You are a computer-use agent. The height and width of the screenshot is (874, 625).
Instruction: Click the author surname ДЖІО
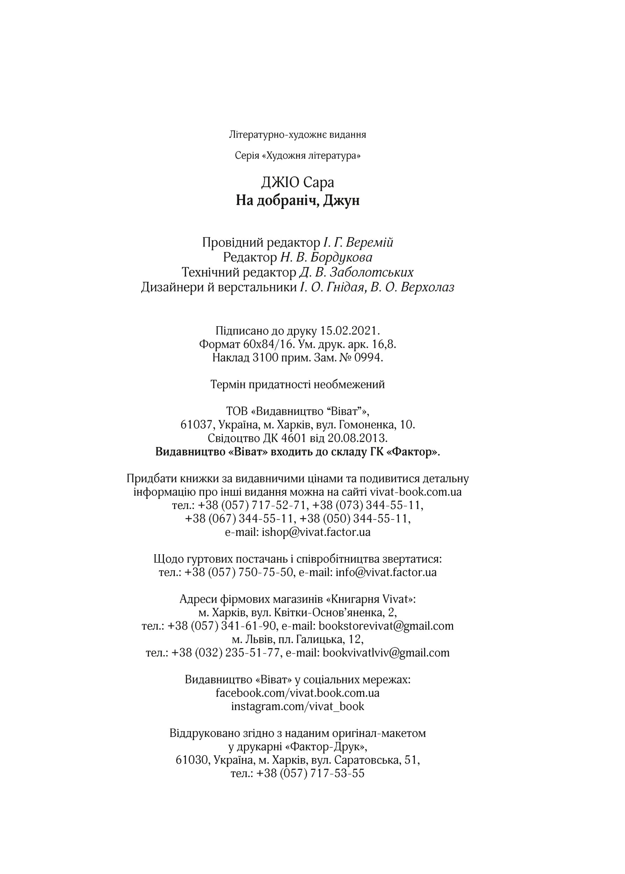(280, 182)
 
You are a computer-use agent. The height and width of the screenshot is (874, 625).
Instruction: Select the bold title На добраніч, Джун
(297, 201)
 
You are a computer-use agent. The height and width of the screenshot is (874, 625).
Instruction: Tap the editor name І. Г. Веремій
(358, 243)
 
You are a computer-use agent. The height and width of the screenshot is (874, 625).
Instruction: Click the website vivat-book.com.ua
(416, 492)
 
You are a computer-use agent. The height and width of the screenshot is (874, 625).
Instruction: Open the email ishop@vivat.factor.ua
(316, 532)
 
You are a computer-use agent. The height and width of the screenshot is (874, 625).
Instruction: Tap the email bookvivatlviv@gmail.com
(386, 653)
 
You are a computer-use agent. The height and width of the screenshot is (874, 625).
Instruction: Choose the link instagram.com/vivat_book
(297, 706)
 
